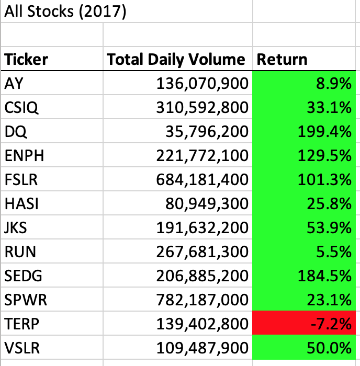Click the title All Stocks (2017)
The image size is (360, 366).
(65, 12)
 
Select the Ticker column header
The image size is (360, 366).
(27, 59)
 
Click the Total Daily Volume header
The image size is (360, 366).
(176, 59)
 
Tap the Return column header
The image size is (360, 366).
(282, 59)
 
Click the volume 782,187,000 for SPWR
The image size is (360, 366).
(202, 300)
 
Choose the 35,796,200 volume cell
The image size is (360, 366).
(212, 131)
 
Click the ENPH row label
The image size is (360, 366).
(23, 155)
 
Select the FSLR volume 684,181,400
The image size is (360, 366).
(202, 179)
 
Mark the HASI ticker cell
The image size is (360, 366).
(21, 203)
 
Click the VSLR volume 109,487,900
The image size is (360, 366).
(202, 348)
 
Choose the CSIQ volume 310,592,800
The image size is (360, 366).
(202, 107)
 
